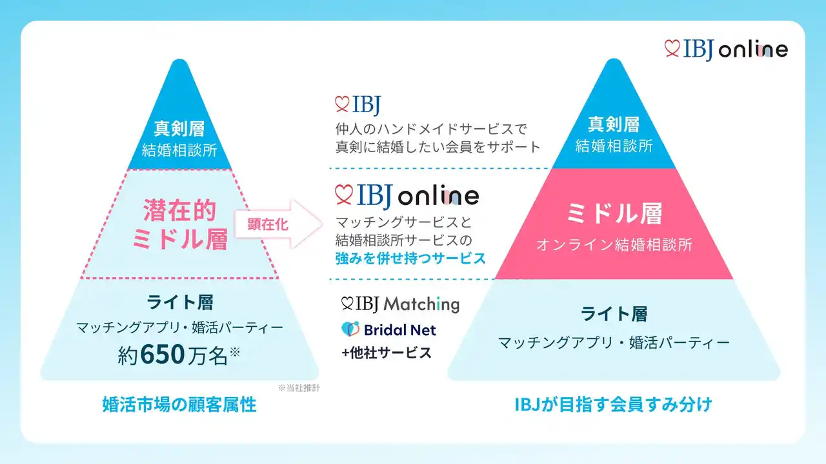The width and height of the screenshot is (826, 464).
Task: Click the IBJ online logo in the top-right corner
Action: point(726,50)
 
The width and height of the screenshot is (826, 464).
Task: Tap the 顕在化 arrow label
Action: point(268,224)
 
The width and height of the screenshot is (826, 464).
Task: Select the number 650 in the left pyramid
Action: point(163,354)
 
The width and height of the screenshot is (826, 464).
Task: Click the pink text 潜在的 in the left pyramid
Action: point(179,211)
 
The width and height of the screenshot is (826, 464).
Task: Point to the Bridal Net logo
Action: point(388,329)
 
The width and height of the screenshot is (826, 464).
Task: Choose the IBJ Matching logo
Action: point(400,304)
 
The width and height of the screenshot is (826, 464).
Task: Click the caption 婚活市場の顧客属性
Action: point(179,405)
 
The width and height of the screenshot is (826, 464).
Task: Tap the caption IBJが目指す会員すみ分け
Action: point(613,405)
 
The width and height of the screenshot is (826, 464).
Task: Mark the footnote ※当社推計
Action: point(299,388)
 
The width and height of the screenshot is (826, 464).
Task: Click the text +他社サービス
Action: point(387,353)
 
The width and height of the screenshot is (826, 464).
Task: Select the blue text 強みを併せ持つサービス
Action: point(410,258)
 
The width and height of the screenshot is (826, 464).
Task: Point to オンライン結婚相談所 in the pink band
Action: point(614,245)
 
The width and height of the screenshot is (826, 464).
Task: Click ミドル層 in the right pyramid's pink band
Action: point(614,213)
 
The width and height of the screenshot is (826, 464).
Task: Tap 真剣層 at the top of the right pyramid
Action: point(614,124)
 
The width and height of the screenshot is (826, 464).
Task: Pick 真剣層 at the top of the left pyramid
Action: point(179,128)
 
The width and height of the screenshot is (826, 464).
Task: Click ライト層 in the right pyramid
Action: point(614,314)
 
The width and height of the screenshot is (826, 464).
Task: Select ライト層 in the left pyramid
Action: point(180,302)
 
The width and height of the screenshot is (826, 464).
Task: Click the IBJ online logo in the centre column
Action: point(407,196)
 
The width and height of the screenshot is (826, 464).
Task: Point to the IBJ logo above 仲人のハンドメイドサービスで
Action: point(358,104)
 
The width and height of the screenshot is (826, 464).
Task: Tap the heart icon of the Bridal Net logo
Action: point(350,329)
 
